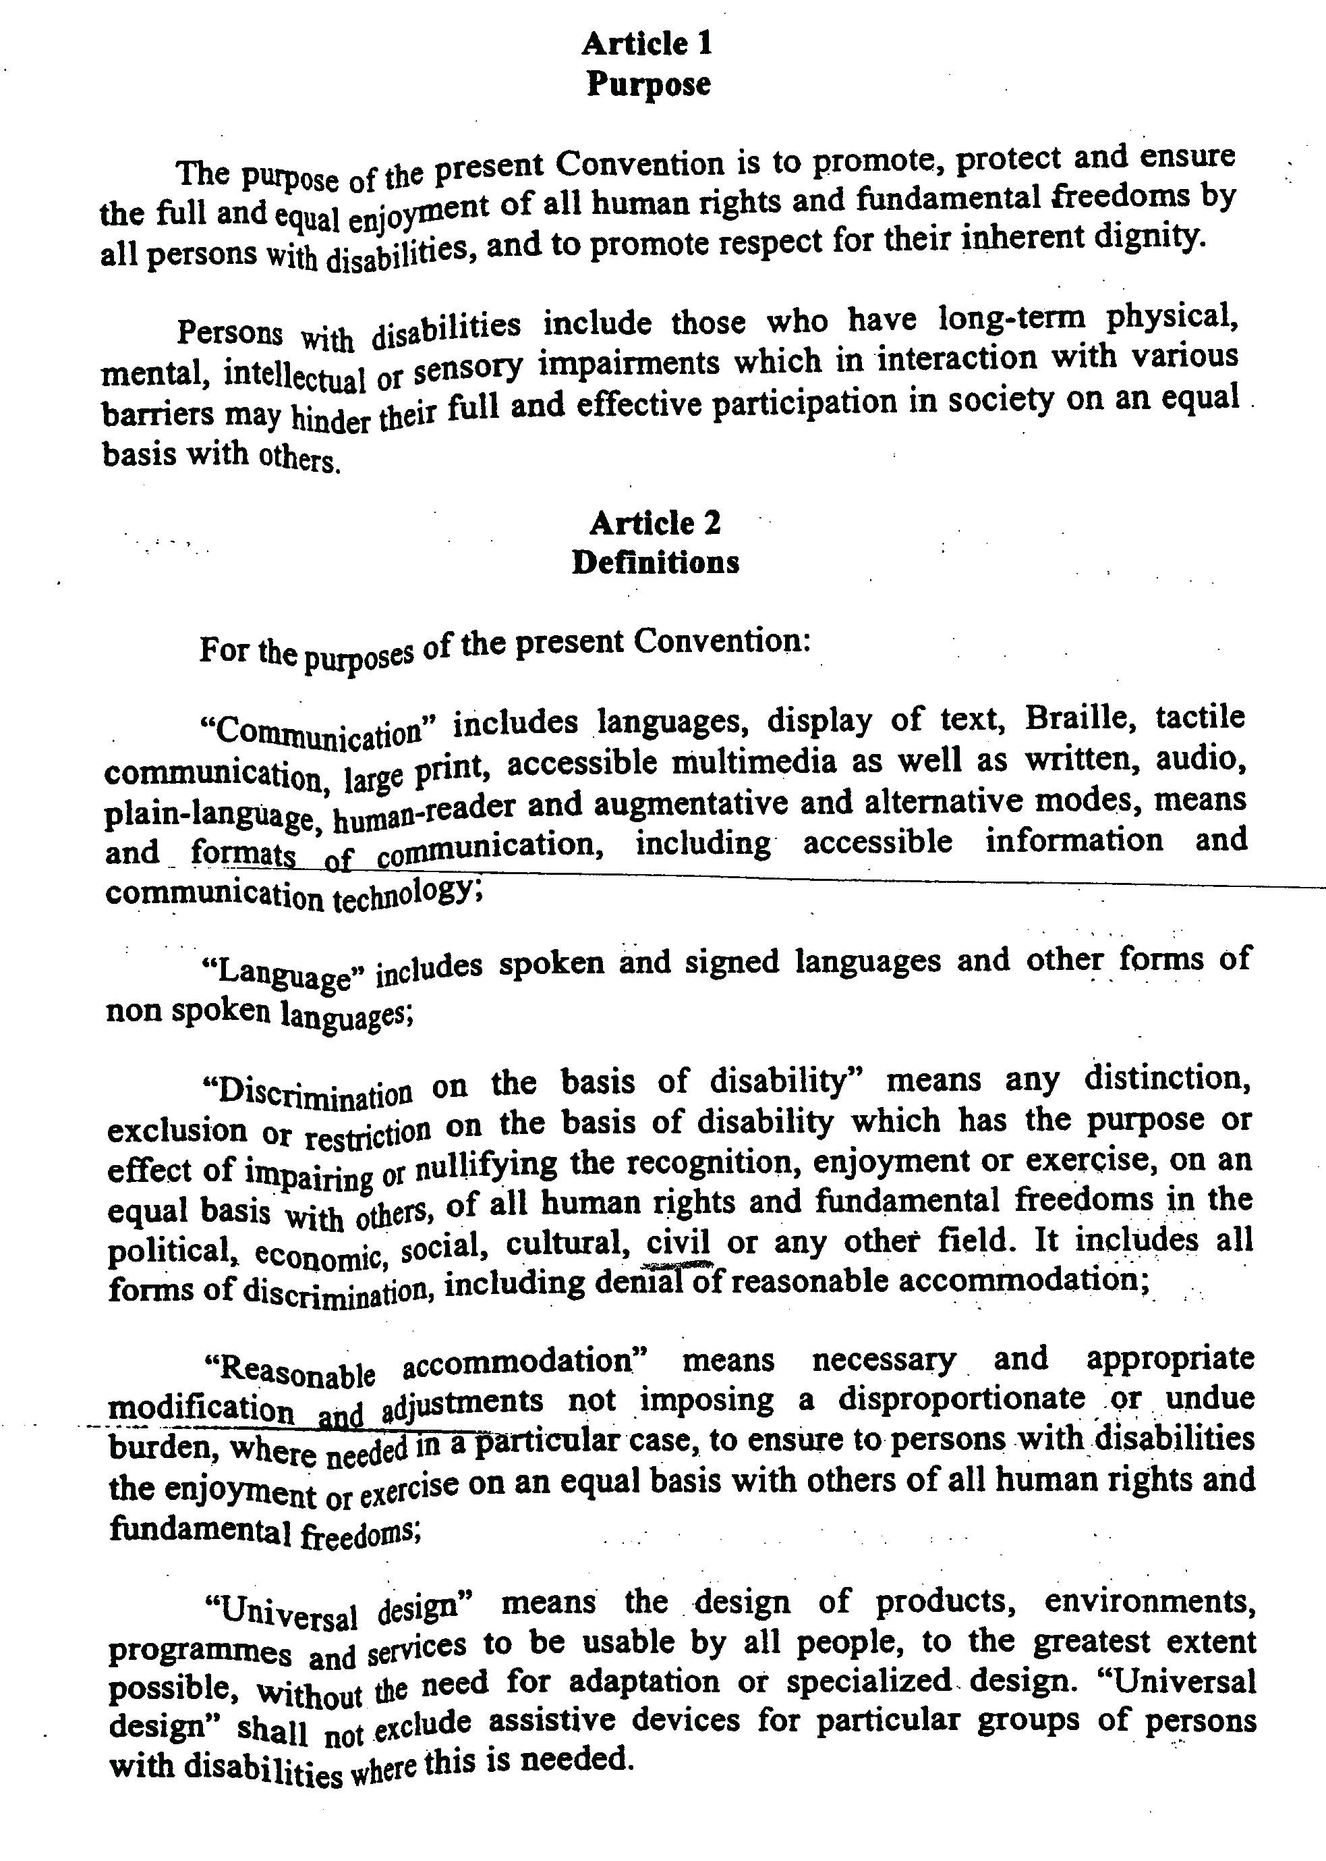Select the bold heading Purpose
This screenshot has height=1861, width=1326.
coord(648,84)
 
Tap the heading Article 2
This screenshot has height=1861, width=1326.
coord(655,523)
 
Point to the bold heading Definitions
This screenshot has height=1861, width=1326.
coord(655,562)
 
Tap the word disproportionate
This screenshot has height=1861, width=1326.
coord(961,1399)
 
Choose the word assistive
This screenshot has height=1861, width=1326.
coord(550,1721)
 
